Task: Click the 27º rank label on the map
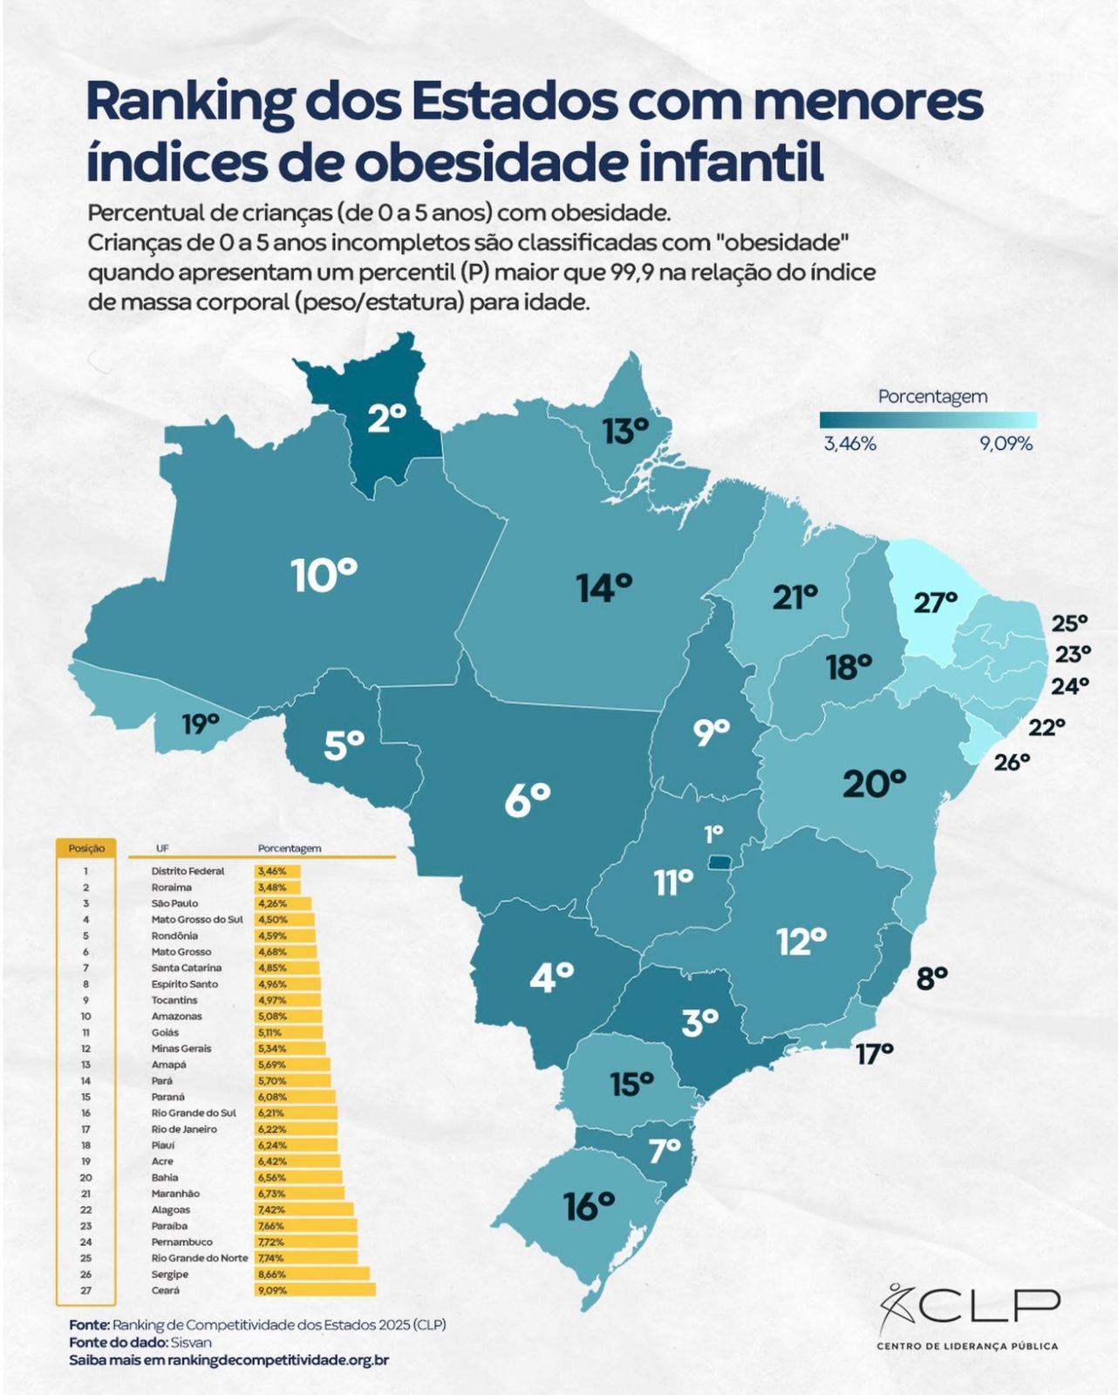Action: click(935, 602)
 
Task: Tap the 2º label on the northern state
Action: click(386, 418)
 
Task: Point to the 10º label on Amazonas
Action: click(324, 575)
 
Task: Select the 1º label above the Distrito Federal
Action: click(713, 834)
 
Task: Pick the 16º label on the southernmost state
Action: click(590, 1207)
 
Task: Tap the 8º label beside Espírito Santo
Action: click(931, 978)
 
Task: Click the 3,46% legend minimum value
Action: click(849, 444)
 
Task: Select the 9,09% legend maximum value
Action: click(1006, 444)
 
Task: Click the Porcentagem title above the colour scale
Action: click(932, 397)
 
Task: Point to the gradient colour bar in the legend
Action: click(928, 420)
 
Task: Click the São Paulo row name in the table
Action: click(174, 903)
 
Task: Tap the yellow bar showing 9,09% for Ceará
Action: click(315, 1290)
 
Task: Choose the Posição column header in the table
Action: click(86, 847)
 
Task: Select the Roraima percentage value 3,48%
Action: click(271, 888)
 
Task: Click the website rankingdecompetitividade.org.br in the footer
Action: click(278, 1359)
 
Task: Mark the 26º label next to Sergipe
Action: click(1012, 761)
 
